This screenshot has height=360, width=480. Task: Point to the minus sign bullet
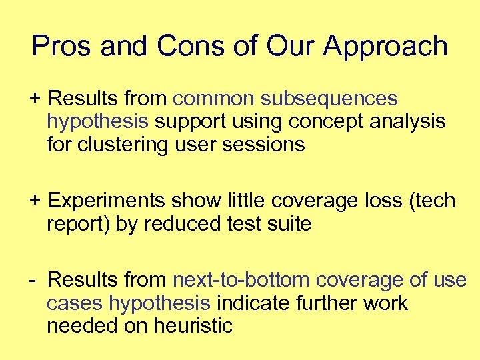tap(33, 280)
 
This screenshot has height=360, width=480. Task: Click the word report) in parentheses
tap(78, 224)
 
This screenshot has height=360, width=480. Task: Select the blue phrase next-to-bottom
tap(241, 280)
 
